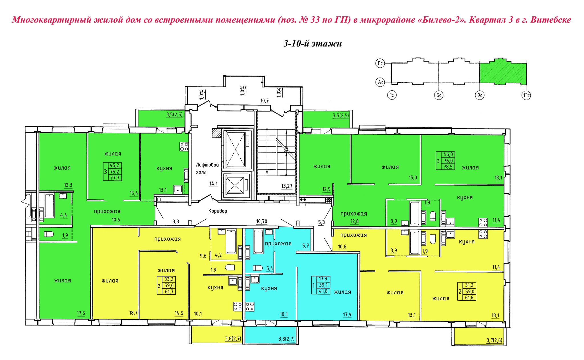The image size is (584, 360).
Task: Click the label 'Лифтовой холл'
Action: pos(207,168)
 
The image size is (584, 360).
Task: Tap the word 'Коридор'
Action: pos(218,211)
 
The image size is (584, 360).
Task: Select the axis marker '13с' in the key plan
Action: pos(526,95)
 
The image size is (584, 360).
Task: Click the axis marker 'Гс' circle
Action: pos(380,63)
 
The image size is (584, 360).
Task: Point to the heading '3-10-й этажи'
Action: pos(313,44)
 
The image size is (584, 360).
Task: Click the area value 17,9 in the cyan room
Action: pos(347,315)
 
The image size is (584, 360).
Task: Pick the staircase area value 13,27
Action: pos(287,186)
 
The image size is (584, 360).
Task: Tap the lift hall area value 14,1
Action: pos(213,184)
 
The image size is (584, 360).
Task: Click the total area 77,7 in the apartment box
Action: pos(114,178)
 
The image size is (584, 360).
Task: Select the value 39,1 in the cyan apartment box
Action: pos(323,285)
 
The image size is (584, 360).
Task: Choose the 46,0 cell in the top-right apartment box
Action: pos(448,154)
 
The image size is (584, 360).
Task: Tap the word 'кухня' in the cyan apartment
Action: pos(269,288)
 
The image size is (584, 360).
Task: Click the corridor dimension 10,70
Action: pos(261,221)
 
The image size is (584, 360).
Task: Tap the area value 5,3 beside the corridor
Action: pos(321,222)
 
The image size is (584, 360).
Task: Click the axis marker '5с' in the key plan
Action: pos(439,95)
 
